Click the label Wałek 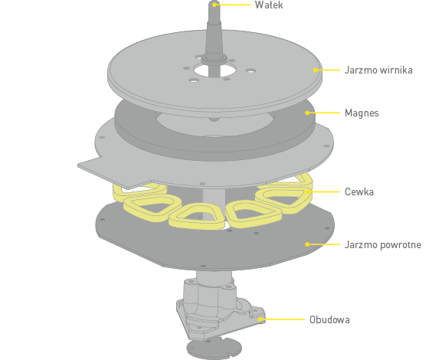[269, 5]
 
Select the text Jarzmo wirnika [378, 70]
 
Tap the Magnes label [362, 113]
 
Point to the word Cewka [359, 191]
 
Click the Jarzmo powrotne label [383, 244]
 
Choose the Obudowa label [329, 319]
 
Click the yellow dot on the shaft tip [215, 5]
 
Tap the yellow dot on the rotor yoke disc [315, 70]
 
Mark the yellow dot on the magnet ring [307, 113]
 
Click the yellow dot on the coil [308, 191]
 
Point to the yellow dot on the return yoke [307, 244]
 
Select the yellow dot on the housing [260, 319]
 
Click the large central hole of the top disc [215, 70]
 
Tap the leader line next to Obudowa [283, 319]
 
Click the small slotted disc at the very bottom [215, 349]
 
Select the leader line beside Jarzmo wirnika [327, 70]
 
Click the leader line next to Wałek [233, 5]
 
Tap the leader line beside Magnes [323, 113]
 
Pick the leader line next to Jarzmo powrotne [323, 244]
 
